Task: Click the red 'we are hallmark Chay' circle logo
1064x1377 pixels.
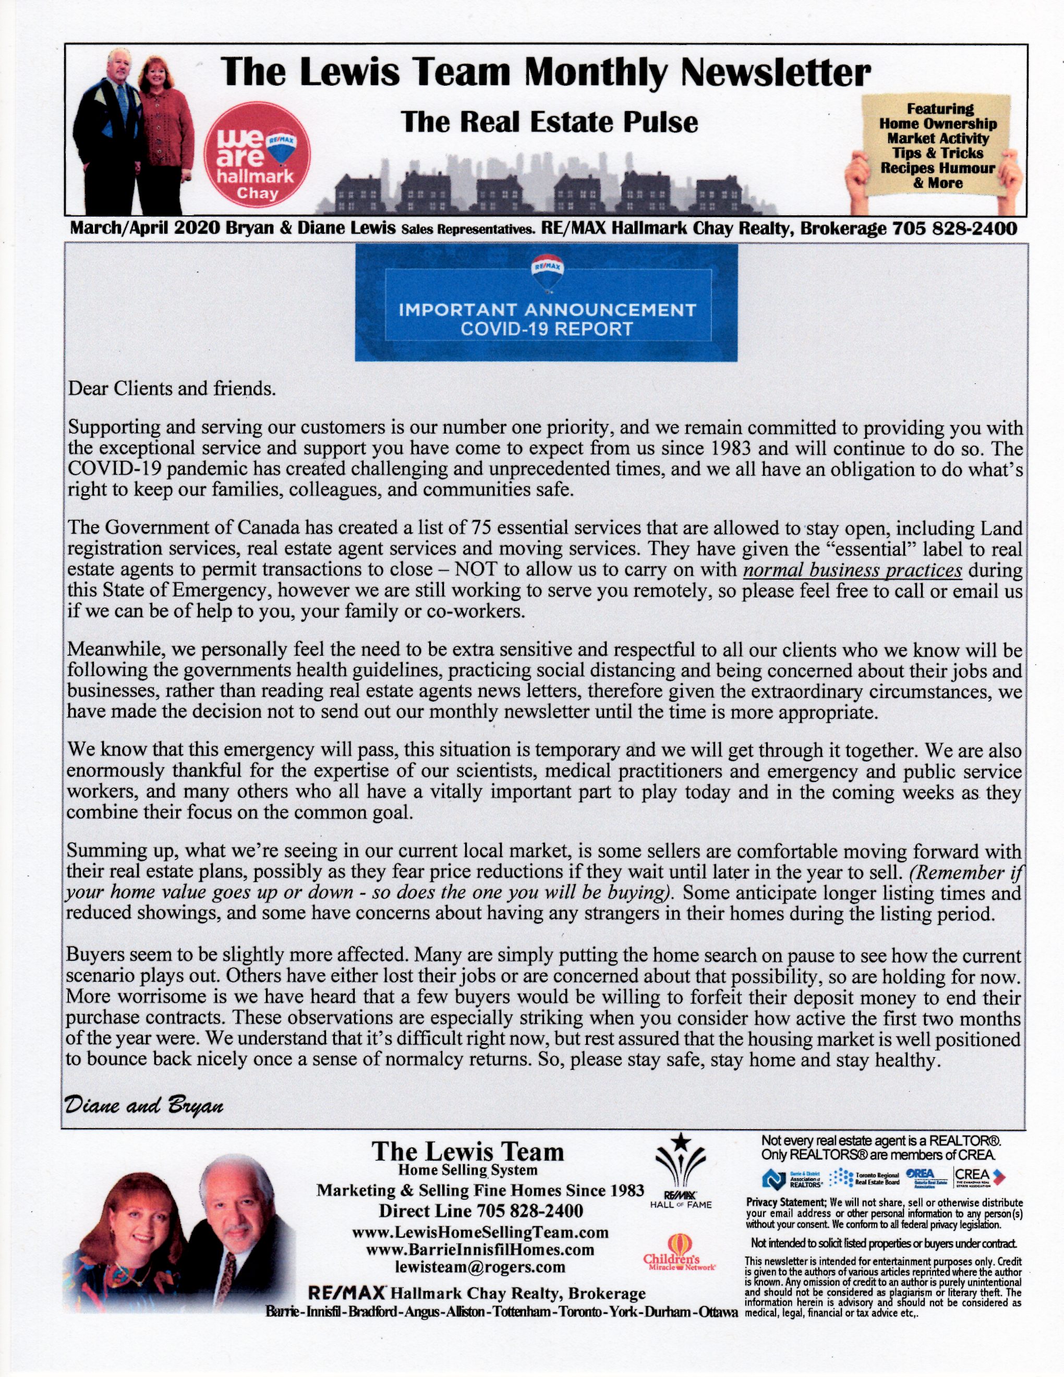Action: tap(257, 154)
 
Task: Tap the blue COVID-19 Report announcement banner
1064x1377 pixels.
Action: tap(546, 303)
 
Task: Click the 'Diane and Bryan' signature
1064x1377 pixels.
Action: tap(144, 1105)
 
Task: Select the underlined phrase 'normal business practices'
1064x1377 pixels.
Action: tap(852, 570)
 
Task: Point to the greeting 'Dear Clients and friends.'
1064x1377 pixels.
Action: tap(172, 388)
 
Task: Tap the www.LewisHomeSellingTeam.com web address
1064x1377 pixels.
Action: tap(480, 1231)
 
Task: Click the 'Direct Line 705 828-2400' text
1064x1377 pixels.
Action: tap(480, 1211)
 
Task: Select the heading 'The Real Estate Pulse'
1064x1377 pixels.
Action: tap(550, 122)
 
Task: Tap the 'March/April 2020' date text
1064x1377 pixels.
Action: tap(144, 228)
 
